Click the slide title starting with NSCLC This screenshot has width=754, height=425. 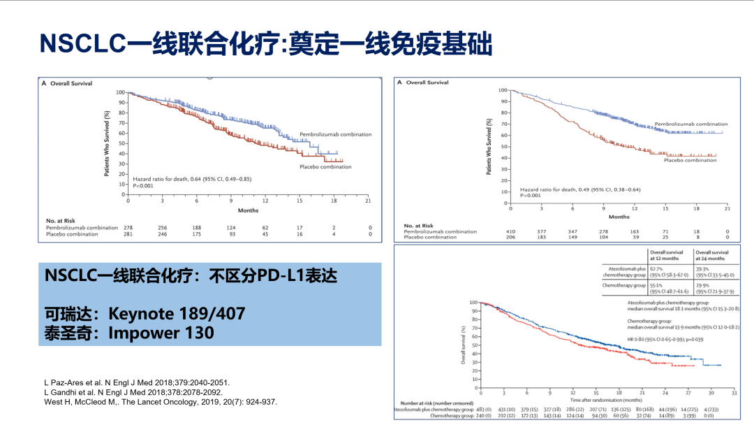point(266,43)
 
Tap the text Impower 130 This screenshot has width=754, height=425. point(161,332)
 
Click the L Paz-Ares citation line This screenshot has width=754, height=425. point(137,382)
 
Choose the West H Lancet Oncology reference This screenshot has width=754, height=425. point(161,402)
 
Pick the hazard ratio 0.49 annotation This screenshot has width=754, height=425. point(580,189)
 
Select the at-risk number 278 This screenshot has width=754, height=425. point(128,228)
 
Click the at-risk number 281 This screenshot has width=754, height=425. point(128,234)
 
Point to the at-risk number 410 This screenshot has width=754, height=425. point(511,231)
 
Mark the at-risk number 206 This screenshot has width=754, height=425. point(511,238)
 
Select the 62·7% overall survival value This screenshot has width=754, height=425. point(656,268)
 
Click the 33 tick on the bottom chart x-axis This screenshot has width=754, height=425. point(733,394)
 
